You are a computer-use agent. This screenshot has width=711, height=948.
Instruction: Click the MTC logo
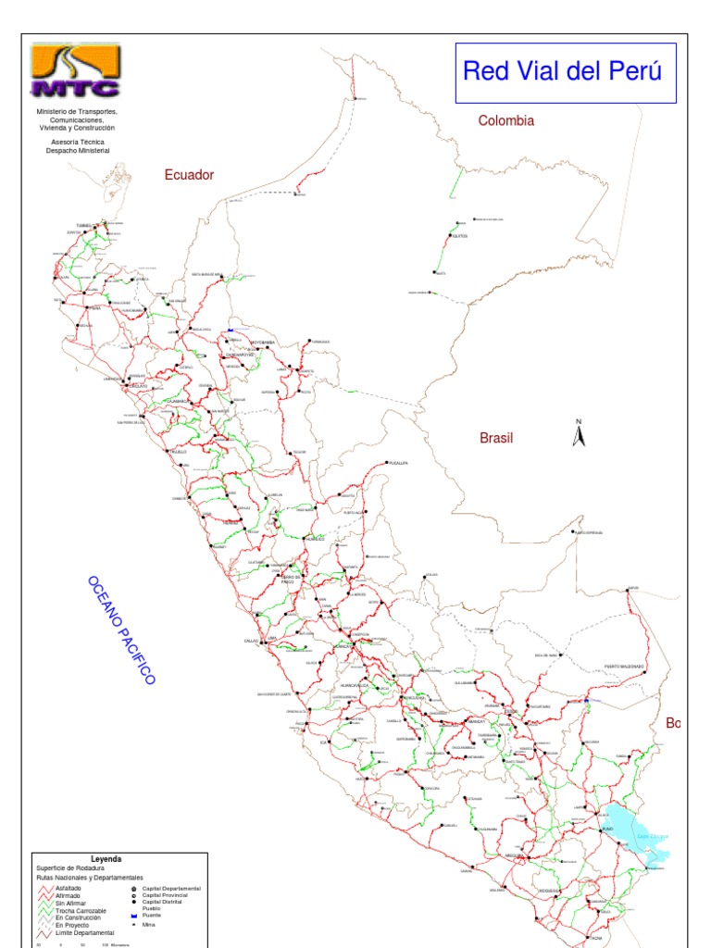(x=75, y=70)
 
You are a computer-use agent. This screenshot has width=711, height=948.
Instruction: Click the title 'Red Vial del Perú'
(x=562, y=71)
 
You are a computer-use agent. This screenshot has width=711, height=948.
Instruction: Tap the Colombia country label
(x=505, y=120)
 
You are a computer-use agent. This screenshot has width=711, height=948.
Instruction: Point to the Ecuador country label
(x=189, y=174)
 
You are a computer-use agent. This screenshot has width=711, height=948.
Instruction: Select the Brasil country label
(x=496, y=438)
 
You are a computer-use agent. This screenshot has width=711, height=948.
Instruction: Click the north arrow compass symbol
(x=579, y=434)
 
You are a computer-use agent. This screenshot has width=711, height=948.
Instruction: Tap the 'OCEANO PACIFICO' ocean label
(x=121, y=630)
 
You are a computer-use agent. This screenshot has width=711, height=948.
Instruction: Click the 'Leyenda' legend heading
(x=106, y=859)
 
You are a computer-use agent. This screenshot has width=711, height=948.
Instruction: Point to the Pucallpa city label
(x=398, y=462)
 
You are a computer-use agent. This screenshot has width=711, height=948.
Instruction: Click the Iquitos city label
(x=460, y=236)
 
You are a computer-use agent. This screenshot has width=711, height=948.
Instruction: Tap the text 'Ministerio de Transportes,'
(x=78, y=111)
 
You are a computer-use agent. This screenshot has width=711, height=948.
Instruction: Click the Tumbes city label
(x=85, y=224)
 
